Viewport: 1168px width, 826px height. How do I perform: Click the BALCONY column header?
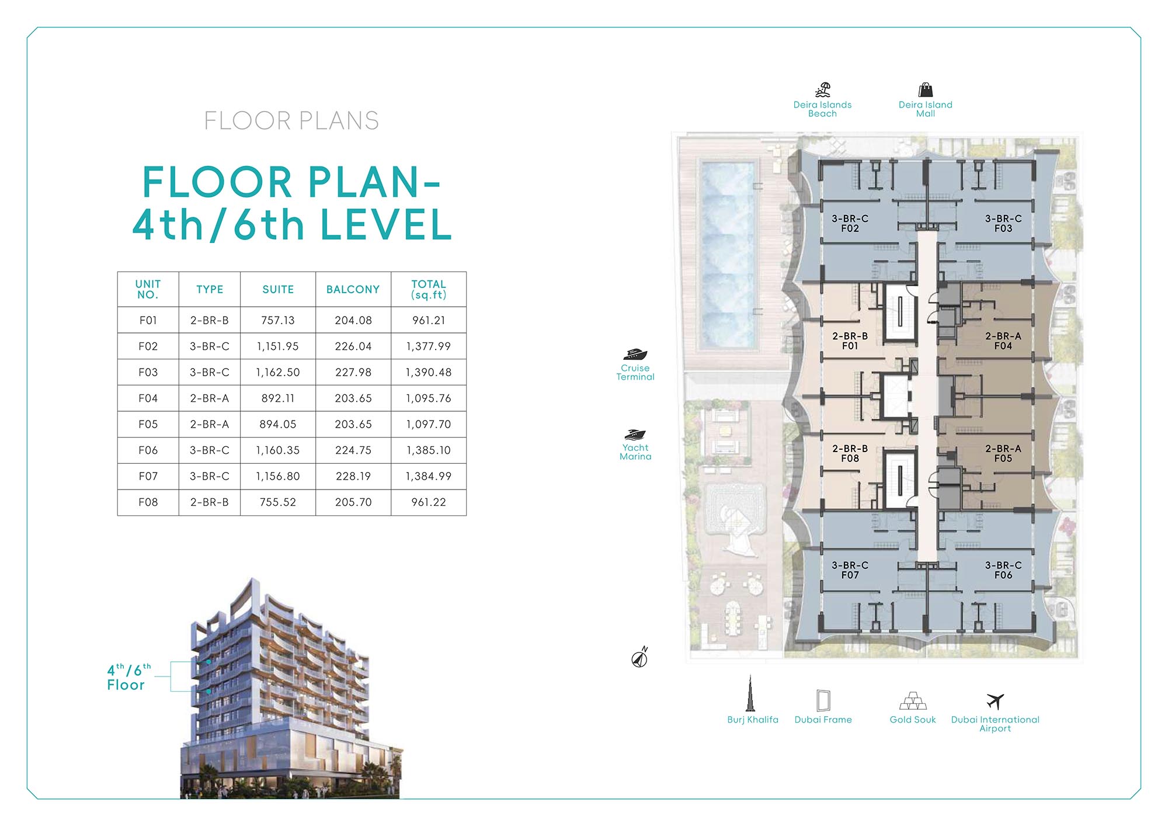click(x=353, y=289)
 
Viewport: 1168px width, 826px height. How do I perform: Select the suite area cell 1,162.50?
click(x=278, y=372)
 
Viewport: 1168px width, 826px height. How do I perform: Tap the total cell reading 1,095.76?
click(x=429, y=398)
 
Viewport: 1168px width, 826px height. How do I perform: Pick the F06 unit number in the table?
click(x=148, y=450)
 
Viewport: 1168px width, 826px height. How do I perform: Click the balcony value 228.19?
click(x=353, y=476)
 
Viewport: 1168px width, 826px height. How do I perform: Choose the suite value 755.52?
click(x=278, y=502)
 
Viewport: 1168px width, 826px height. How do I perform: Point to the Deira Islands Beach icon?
click(x=823, y=89)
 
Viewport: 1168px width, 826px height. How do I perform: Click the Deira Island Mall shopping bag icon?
click(x=926, y=89)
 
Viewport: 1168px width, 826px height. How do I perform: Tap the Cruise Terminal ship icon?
click(x=635, y=354)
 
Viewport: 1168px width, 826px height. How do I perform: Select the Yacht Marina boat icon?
click(x=635, y=435)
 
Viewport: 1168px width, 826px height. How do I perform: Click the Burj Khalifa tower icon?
click(x=750, y=693)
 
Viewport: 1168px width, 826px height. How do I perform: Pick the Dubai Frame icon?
click(x=823, y=700)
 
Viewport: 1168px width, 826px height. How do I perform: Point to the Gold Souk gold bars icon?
click(x=913, y=700)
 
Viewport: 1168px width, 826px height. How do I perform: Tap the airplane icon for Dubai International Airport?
click(x=995, y=701)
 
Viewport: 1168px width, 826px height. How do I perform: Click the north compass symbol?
click(x=640, y=658)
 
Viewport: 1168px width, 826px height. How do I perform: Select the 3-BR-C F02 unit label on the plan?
click(x=850, y=223)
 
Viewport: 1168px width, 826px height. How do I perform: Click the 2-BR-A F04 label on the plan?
click(x=1003, y=341)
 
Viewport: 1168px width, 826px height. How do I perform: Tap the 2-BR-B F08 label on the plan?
click(x=850, y=453)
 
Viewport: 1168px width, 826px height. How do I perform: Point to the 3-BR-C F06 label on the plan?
click(x=1003, y=570)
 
